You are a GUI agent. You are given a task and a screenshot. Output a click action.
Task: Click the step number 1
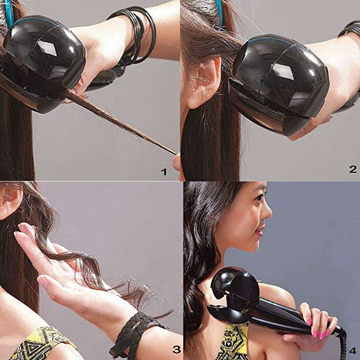tap(164, 171)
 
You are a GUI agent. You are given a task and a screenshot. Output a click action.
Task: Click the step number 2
tap(353, 169)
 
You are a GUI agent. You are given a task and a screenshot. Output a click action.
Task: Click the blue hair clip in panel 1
tap(9, 13)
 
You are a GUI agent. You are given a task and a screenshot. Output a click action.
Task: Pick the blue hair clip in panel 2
tap(219, 13)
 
